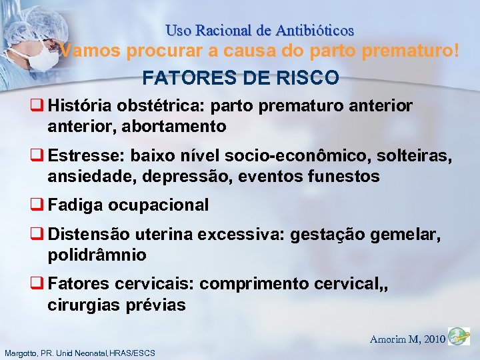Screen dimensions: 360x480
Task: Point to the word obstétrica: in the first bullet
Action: (x=157, y=106)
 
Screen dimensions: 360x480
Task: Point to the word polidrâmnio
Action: (x=97, y=255)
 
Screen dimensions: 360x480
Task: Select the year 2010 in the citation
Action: (x=435, y=339)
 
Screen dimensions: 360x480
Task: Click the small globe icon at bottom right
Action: (x=459, y=337)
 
